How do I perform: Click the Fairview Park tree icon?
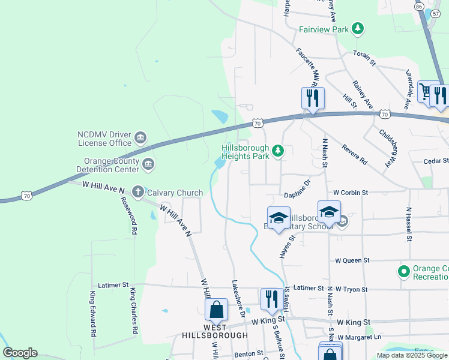(358, 28)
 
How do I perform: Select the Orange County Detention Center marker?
(148, 163)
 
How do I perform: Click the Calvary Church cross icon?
(137, 192)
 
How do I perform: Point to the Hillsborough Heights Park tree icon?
(277, 151)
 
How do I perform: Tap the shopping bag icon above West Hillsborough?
(216, 310)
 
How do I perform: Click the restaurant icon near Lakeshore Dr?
(272, 299)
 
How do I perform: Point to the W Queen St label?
(352, 261)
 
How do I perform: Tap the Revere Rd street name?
(354, 153)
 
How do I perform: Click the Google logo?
(19, 353)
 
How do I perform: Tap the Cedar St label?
(436, 161)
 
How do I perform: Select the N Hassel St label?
(408, 225)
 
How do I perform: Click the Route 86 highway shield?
(418, 6)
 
